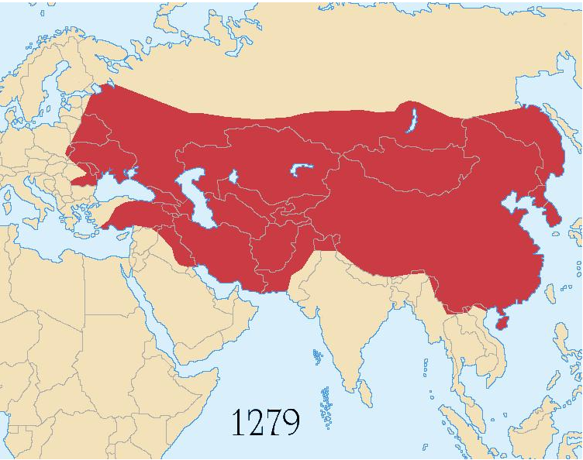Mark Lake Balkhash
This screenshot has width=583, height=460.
point(301,168)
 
